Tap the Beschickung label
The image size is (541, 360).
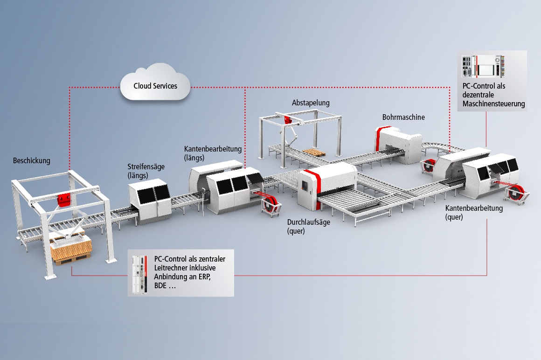coord(31,161)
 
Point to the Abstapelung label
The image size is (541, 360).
coord(311,103)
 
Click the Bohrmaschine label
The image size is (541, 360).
coord(403,117)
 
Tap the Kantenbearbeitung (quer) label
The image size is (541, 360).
coord(474,212)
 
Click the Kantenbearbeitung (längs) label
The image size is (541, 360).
coord(213,153)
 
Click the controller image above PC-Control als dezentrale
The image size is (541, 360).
coord(482,67)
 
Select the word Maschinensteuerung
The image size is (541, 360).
coord(493,104)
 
